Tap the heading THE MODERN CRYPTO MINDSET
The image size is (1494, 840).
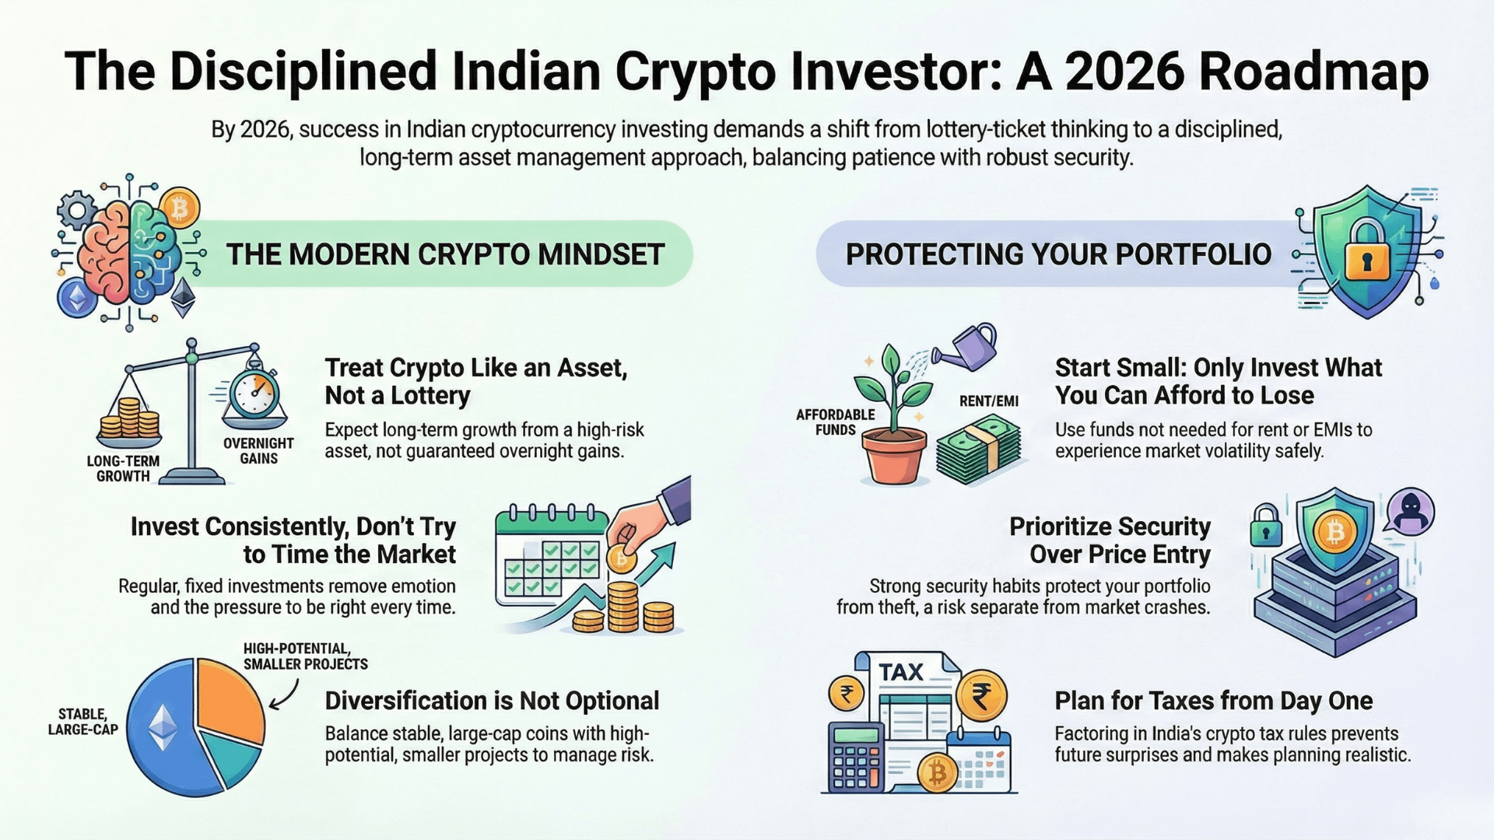point(445,254)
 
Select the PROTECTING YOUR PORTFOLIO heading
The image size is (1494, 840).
point(1058,254)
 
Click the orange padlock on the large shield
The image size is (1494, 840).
point(1366,250)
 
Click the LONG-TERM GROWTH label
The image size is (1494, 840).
point(123,468)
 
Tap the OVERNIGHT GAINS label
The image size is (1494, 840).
point(258,451)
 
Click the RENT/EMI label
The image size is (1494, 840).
point(988,401)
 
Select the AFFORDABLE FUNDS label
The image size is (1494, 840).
point(835,422)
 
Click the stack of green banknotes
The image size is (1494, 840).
point(979,449)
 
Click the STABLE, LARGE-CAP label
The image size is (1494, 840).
point(82,722)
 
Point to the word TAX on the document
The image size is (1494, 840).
point(900,672)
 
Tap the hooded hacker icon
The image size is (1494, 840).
point(1410,512)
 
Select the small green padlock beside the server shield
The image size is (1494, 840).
point(1266,525)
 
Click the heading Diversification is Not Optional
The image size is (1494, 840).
point(492,701)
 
